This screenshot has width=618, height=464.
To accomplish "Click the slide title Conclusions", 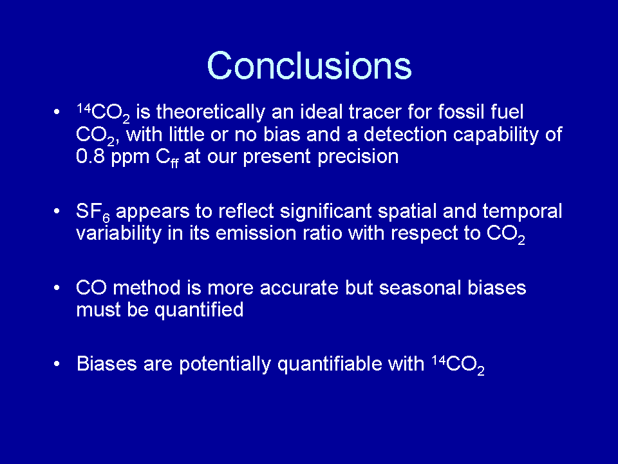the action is pos(309,65).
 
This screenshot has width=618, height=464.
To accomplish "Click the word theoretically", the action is pos(211,112).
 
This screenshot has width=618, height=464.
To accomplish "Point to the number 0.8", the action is pos(90,157).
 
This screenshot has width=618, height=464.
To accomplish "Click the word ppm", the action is pos(130,159).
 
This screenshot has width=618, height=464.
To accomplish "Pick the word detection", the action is pos(405,134).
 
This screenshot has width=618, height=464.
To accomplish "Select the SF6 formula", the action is pos(93,212).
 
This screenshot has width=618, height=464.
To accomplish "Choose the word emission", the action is pos(256,233).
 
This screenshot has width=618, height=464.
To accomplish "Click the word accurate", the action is pos(299,288).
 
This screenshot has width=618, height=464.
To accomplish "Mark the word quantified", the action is pos(199,311).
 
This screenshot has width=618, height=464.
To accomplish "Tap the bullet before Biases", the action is pos(57,363).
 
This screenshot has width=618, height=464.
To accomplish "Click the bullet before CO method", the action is pos(57,287).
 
